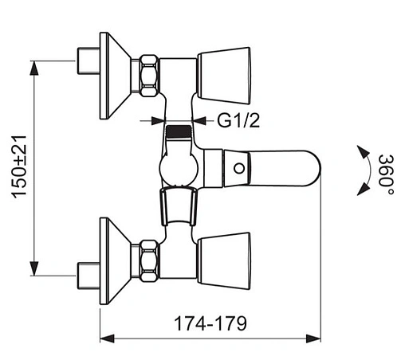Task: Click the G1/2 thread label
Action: tap(238, 121)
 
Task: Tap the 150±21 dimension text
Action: tap(19, 166)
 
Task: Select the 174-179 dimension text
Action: tap(210, 323)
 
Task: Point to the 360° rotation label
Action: tap(386, 174)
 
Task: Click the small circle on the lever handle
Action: tap(239, 168)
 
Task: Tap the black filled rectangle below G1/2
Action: tap(179, 131)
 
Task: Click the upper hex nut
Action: tap(149, 76)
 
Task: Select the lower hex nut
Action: tap(149, 260)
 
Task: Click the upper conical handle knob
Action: tap(224, 76)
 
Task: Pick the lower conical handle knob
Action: tap(224, 261)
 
